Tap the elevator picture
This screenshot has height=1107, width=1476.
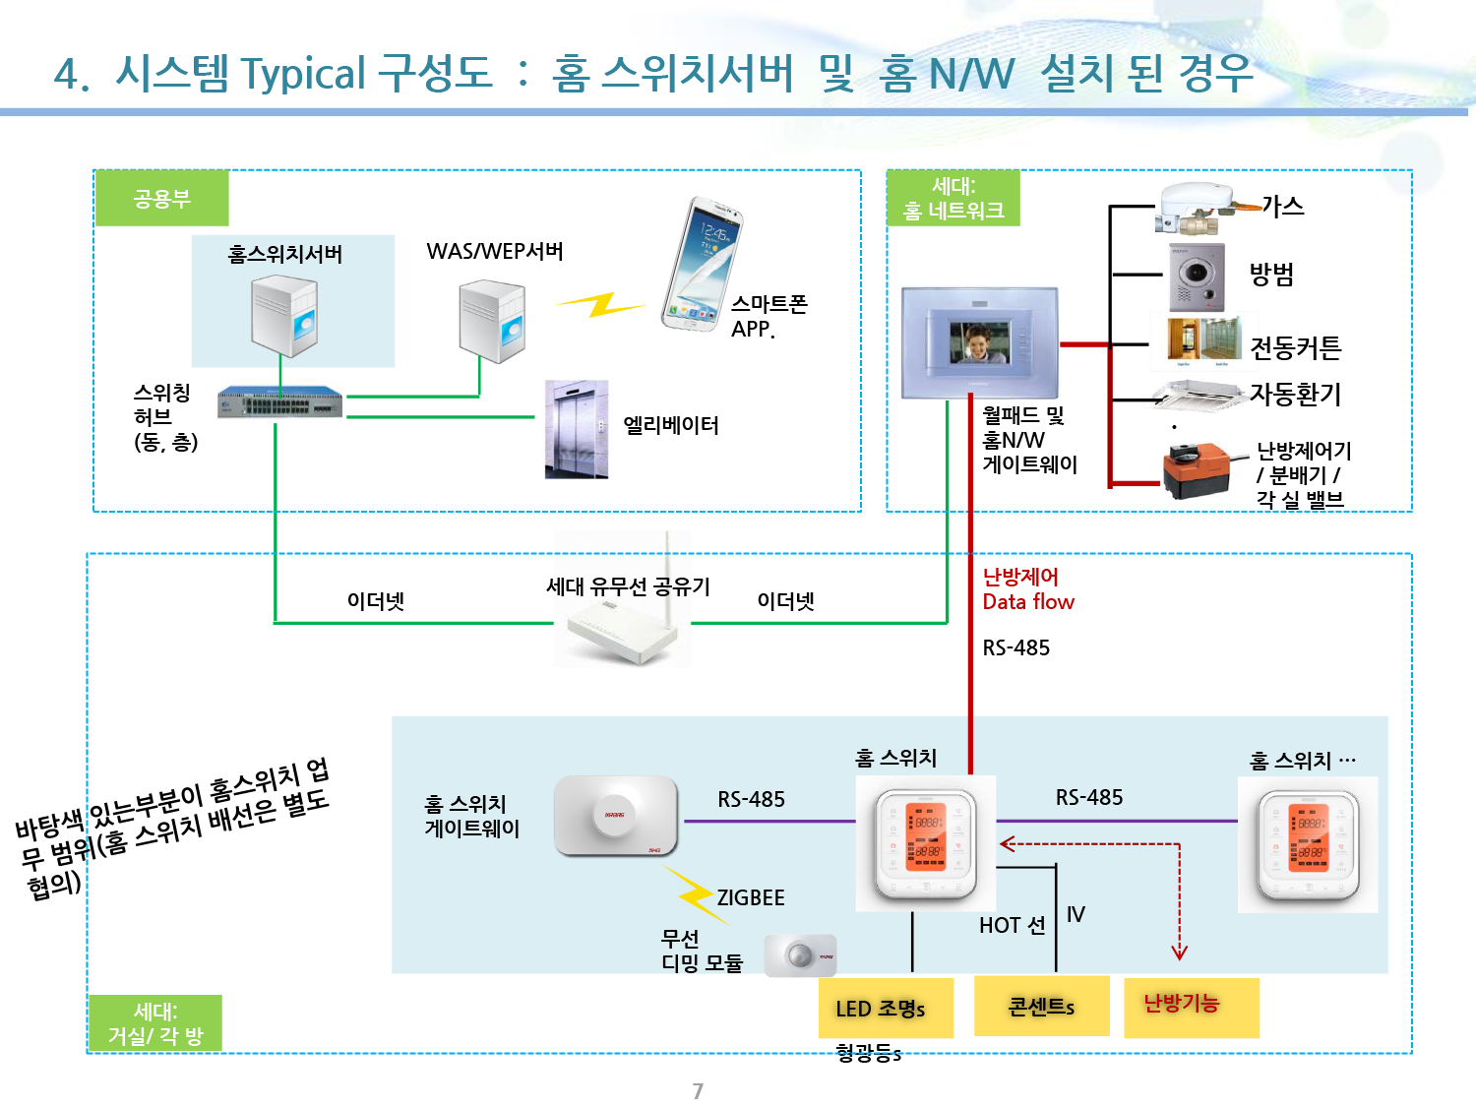pos(577,429)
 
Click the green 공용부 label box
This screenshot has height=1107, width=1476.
pos(161,199)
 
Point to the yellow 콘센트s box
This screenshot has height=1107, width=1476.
pos(1041,1006)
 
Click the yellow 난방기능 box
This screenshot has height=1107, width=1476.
pos(1191,1006)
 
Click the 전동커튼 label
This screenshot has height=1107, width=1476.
pos(1295,346)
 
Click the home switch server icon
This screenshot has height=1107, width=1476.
pos(284,315)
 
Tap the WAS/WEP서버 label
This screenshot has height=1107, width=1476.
pos(495,252)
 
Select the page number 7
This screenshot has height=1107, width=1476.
pos(698,1090)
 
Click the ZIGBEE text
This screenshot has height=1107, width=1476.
pos(750,897)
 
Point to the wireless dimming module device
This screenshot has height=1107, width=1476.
pos(800,954)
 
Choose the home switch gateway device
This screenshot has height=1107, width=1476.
pos(616,816)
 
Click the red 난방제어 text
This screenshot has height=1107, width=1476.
pos(1020,577)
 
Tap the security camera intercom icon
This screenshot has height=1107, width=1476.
pos(1197,277)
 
